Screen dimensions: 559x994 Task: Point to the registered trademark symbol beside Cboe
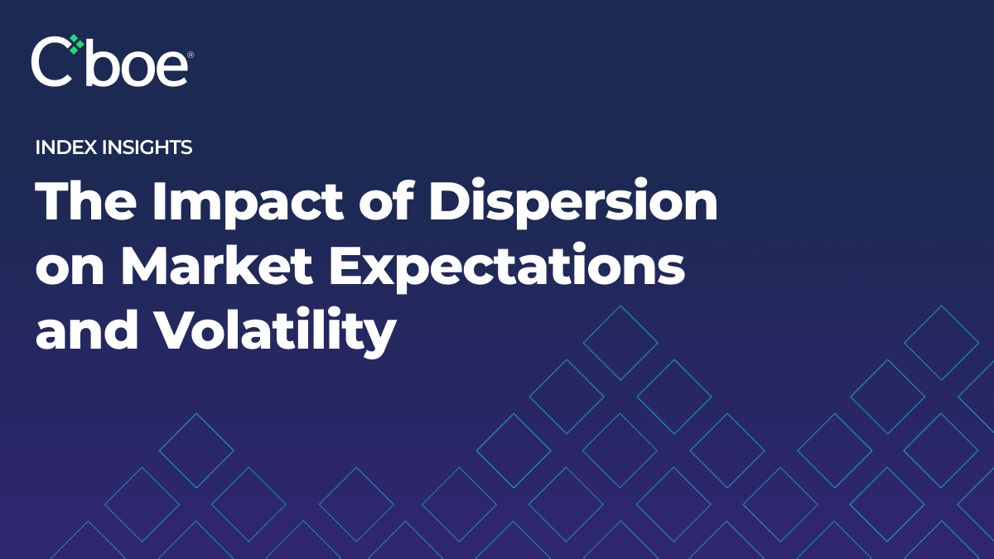[191, 55]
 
